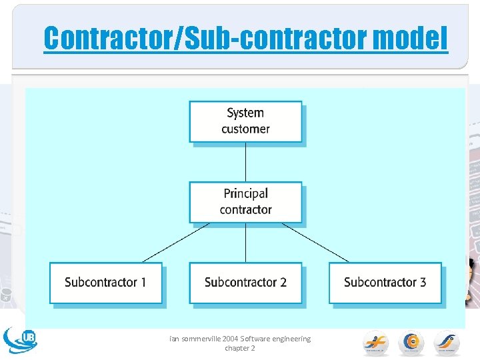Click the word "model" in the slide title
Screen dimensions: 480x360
(411, 38)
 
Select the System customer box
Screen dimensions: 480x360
(245, 121)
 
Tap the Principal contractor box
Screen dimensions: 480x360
(245, 202)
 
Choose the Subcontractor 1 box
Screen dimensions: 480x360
(105, 283)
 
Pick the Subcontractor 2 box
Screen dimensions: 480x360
(245, 283)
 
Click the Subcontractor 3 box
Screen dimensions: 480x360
(385, 283)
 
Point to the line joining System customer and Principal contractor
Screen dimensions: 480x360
(245, 162)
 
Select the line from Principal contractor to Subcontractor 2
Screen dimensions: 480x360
(245, 243)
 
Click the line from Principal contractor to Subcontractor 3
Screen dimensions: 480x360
(315, 242)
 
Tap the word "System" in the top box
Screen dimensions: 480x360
(245, 113)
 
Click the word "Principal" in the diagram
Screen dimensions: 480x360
(245, 194)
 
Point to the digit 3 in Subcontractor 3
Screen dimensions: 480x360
(422, 282)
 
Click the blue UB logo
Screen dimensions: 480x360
(20, 339)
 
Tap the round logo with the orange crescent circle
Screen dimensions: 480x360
(411, 343)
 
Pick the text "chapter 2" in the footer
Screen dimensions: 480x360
(240, 348)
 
